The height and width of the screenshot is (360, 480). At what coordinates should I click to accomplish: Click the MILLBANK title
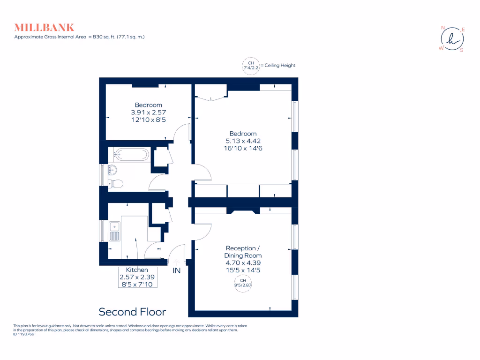coord(44,27)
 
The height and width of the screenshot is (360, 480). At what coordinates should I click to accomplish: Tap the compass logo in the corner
coord(451,39)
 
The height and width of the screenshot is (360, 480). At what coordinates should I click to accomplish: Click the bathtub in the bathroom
coord(132,154)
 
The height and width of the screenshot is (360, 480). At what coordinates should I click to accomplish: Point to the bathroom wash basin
coord(112,169)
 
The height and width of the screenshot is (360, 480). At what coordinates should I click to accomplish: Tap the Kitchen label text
coord(137,270)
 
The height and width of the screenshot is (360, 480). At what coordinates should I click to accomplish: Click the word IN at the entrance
coord(177,271)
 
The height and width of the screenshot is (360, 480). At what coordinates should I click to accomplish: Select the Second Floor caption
coord(132,312)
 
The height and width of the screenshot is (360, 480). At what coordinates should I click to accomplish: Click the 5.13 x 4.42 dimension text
coord(243,141)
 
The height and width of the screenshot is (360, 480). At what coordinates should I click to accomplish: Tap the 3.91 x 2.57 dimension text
coord(149,112)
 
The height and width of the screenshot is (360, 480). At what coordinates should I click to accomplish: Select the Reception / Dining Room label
coord(241,252)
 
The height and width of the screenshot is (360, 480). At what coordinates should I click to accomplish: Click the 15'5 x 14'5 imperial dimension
coord(243,270)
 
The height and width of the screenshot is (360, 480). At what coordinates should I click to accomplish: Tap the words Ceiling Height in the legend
coord(280,66)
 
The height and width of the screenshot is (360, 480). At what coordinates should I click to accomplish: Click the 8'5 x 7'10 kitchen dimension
coord(137,284)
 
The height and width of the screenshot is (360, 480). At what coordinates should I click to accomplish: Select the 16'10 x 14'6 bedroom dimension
coord(243,148)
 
